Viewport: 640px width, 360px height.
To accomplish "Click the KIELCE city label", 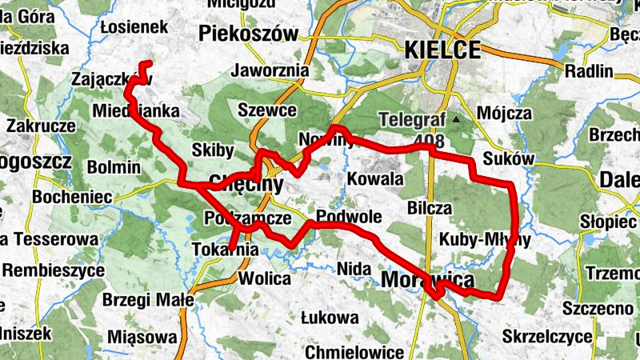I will pyautogui.click(x=442, y=50).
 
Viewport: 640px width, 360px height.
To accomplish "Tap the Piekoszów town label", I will pyautogui.click(x=248, y=34).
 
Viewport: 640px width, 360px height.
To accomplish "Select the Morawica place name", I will pyautogui.click(x=427, y=279).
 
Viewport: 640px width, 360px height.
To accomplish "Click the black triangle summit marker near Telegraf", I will pyautogui.click(x=457, y=120).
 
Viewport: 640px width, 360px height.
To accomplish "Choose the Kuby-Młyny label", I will pyautogui.click(x=485, y=240).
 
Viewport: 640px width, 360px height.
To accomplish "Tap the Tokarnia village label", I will pyautogui.click(x=226, y=250).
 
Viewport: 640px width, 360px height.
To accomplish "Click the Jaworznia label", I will pyautogui.click(x=269, y=70).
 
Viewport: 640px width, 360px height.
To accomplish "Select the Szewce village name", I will pyautogui.click(x=267, y=110).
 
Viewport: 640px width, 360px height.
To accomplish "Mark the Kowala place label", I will pyautogui.click(x=375, y=178).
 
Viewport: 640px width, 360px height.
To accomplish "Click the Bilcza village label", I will pyautogui.click(x=430, y=208).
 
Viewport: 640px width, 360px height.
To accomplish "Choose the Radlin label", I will pyautogui.click(x=588, y=71).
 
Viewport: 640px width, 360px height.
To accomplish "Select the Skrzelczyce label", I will pyautogui.click(x=548, y=335).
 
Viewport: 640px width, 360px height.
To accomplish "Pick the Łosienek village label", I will pyautogui.click(x=134, y=28).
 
